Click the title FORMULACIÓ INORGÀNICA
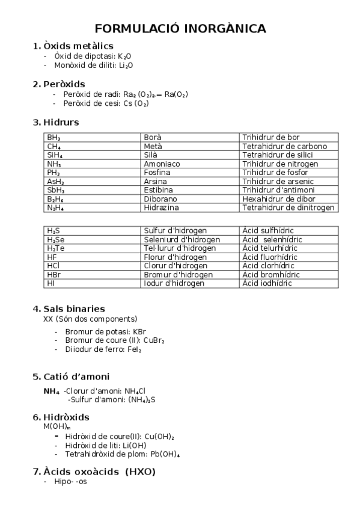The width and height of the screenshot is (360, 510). click(180, 28)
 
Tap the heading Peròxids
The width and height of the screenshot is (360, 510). click(64, 84)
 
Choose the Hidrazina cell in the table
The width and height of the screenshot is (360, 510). click(161, 207)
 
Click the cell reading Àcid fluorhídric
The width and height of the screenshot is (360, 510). click(270, 257)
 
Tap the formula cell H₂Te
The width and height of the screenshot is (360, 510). click(56, 248)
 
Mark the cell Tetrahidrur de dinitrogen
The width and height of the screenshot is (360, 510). click(288, 207)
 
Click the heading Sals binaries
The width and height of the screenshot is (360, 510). click(74, 309)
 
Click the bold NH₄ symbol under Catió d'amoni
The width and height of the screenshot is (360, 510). click(52, 391)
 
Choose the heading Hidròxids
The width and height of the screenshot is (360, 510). click(66, 417)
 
